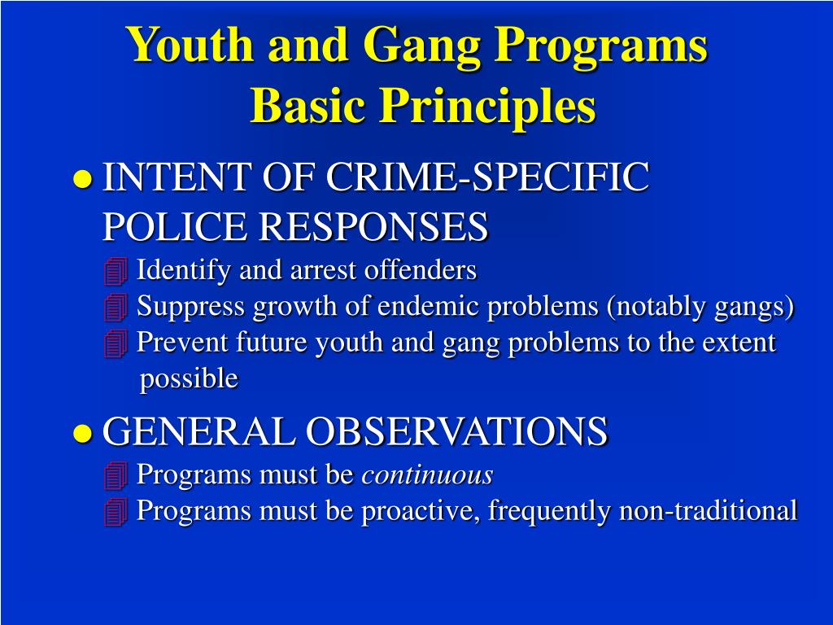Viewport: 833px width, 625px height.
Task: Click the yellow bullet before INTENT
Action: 82,180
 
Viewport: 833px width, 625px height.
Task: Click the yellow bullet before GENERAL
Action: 82,433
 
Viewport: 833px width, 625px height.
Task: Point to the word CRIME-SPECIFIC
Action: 487,177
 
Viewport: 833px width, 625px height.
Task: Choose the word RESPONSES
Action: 373,227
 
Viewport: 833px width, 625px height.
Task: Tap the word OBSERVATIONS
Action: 456,431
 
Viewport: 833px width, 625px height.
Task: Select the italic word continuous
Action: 427,474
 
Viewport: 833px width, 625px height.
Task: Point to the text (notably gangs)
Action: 699,307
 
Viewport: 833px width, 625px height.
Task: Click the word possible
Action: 189,378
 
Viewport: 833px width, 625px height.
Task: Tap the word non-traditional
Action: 708,511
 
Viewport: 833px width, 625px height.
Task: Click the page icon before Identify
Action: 116,271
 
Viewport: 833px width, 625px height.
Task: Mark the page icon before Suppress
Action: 116,308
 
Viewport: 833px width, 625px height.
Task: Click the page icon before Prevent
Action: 116,344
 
